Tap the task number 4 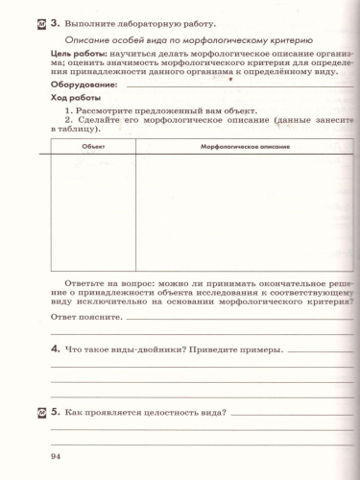(56, 348)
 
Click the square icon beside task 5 (39, 414)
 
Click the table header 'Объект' (94, 146)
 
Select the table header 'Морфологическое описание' (245, 146)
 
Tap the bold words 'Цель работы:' (77, 56)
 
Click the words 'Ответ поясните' (86, 316)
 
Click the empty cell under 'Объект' (94, 211)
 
